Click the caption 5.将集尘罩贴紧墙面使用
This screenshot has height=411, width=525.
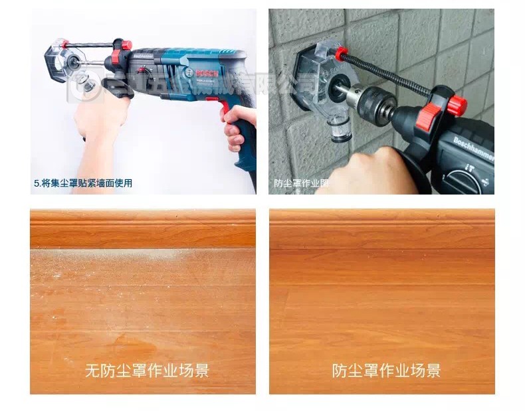[x=82, y=182]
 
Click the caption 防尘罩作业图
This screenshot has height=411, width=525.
[x=301, y=183]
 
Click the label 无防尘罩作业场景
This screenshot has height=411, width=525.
[x=147, y=370]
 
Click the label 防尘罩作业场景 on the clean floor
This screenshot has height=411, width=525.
[x=386, y=370]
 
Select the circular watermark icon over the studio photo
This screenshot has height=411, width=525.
[x=84, y=86]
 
